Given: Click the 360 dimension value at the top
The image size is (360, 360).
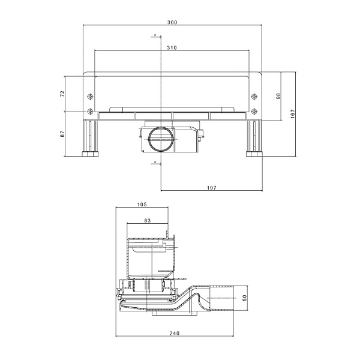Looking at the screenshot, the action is [172, 22].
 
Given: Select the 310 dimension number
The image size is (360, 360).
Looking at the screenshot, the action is [172, 47].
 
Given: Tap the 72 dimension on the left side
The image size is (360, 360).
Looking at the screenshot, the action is [62, 94].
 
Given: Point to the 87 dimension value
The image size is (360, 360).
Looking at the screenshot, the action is [62, 134].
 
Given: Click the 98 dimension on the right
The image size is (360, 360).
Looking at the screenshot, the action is [278, 96].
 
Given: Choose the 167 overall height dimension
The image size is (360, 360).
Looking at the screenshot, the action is [293, 114].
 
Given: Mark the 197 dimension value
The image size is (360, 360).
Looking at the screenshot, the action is [211, 188].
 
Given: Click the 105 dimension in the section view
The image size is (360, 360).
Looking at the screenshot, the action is [142, 205].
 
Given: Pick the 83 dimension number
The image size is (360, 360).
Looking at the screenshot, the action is [148, 220].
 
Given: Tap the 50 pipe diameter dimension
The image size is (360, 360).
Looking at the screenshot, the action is [245, 298].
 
